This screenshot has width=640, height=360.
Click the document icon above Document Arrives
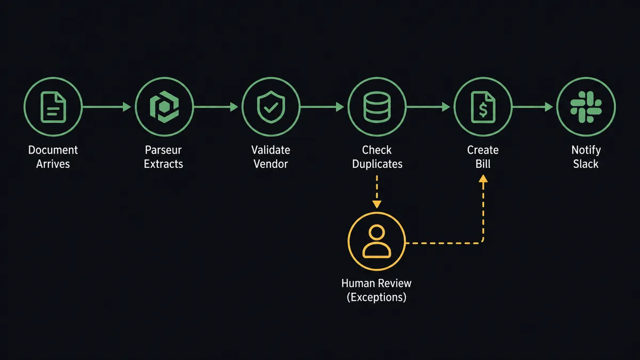pyautogui.click(x=53, y=107)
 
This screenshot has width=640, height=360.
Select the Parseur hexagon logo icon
pyautogui.click(x=164, y=107)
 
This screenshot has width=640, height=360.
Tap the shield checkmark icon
pyautogui.click(x=270, y=107)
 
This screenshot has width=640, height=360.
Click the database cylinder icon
pyautogui.click(x=377, y=107)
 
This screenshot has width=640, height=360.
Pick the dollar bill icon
pyautogui.click(x=483, y=107)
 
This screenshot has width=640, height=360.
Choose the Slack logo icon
pyautogui.click(x=586, y=107)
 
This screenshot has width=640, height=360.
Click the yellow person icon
pyautogui.click(x=377, y=243)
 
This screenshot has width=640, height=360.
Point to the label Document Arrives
pyautogui.click(x=53, y=157)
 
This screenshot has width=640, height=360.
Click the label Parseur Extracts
pyautogui.click(x=163, y=157)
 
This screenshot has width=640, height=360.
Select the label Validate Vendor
pyautogui.click(x=270, y=157)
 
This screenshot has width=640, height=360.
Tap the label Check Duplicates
pyautogui.click(x=377, y=157)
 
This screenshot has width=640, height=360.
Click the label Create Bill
pyautogui.click(x=483, y=157)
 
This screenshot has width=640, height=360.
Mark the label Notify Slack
pyautogui.click(x=586, y=157)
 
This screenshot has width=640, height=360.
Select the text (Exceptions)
pyautogui.click(x=377, y=297)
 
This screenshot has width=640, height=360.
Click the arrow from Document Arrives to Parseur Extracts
pyautogui.click(x=107, y=107)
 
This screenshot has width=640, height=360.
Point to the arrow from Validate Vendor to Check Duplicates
pyautogui.click(x=322, y=107)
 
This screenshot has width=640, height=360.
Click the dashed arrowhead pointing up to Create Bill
pyautogui.click(x=483, y=181)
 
